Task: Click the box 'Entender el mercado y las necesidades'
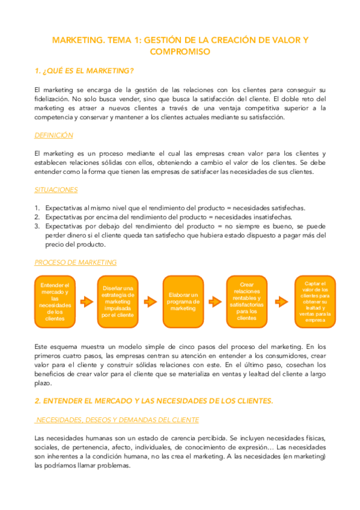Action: point(55,301)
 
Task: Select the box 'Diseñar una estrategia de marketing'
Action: point(118,301)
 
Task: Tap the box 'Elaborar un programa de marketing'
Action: point(183,301)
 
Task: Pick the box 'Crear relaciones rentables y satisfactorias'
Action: point(246,301)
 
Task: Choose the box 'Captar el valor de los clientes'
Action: point(315,301)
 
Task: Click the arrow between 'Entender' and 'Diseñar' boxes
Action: point(86,301)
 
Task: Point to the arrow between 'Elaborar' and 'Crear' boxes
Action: point(215,301)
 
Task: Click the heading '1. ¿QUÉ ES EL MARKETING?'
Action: point(84,71)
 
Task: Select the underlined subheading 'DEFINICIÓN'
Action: point(54,135)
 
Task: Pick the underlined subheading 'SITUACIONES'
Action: point(56,190)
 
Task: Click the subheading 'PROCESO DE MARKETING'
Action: point(75,262)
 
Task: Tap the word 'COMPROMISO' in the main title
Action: point(180,52)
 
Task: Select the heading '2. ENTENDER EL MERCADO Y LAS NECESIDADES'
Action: point(154,401)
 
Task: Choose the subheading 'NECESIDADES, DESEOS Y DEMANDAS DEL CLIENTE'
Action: point(118,420)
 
